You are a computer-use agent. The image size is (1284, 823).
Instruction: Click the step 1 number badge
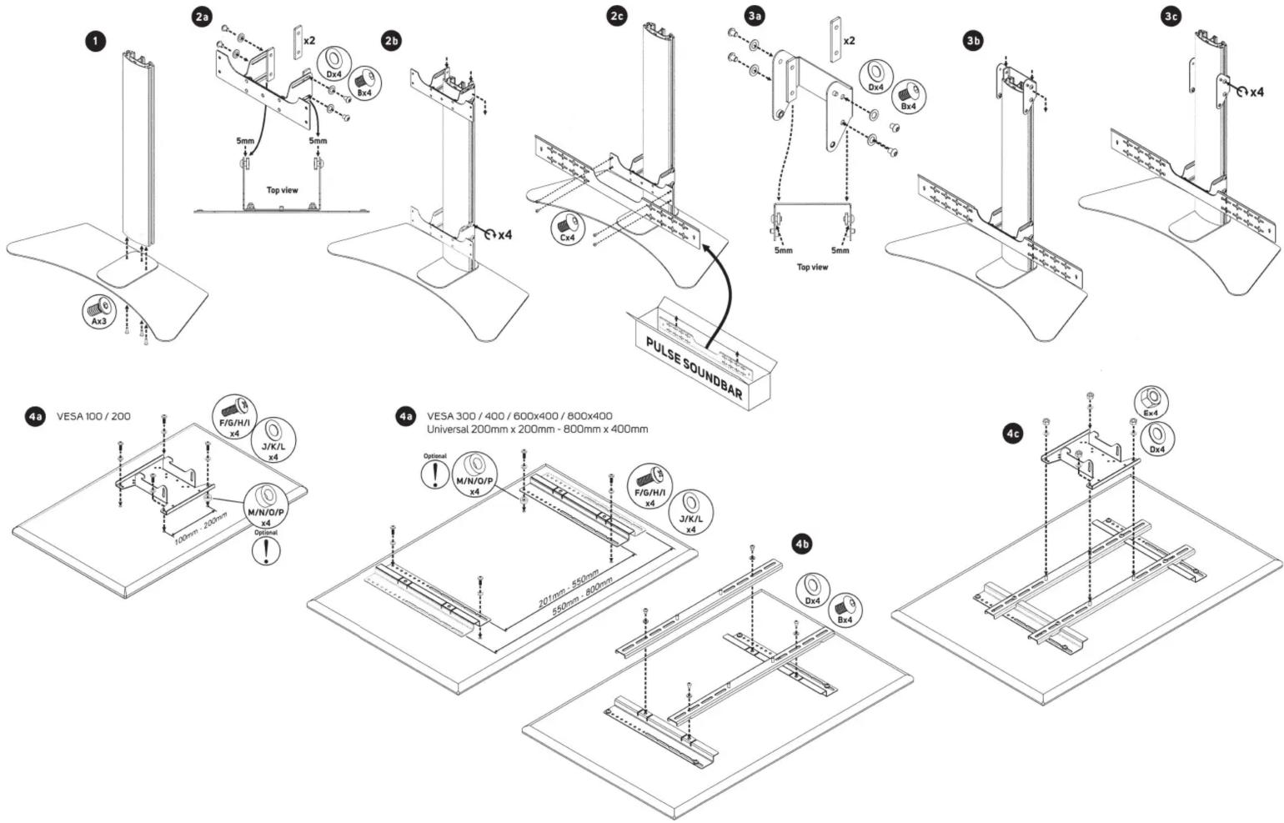click(96, 43)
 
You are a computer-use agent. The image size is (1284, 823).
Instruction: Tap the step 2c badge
click(617, 16)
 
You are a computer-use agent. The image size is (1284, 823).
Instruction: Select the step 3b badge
click(973, 41)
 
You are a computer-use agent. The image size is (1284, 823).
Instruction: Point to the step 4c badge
click(1014, 434)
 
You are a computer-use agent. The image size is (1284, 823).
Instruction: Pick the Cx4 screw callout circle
click(568, 228)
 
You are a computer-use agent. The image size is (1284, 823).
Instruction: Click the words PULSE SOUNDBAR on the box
click(695, 368)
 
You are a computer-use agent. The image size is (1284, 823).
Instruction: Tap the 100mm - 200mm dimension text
click(201, 527)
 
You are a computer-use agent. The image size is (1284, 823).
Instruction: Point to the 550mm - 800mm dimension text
click(582, 596)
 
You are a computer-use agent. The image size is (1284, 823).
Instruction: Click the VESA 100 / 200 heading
click(93, 416)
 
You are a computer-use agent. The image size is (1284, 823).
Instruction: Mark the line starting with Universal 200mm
click(538, 429)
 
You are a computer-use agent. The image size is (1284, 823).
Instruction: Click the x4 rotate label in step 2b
click(504, 235)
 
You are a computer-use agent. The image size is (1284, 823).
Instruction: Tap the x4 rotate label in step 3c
click(1256, 92)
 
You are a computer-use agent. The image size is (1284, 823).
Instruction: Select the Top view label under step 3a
click(812, 267)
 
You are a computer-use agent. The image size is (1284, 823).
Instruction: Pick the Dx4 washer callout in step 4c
click(1157, 439)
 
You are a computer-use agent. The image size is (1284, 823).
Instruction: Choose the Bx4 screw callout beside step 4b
click(845, 610)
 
